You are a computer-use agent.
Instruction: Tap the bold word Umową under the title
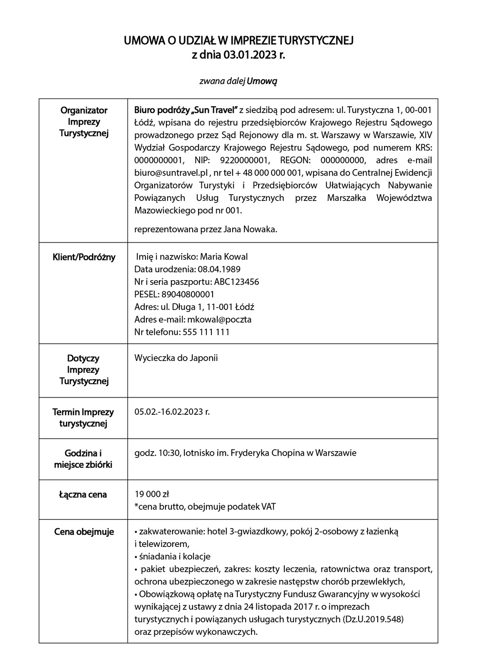tap(262, 81)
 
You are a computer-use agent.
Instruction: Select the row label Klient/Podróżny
tap(84, 257)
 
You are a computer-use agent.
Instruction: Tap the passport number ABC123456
tap(236, 282)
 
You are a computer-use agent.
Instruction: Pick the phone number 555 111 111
tap(206, 332)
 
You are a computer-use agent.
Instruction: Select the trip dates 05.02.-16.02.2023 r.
tap(172, 412)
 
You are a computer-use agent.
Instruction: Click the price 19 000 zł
tap(151, 494)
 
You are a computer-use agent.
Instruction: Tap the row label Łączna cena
tap(83, 495)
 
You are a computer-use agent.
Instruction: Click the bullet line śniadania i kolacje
tap(174, 557)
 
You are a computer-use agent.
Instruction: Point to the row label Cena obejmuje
tap(84, 532)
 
